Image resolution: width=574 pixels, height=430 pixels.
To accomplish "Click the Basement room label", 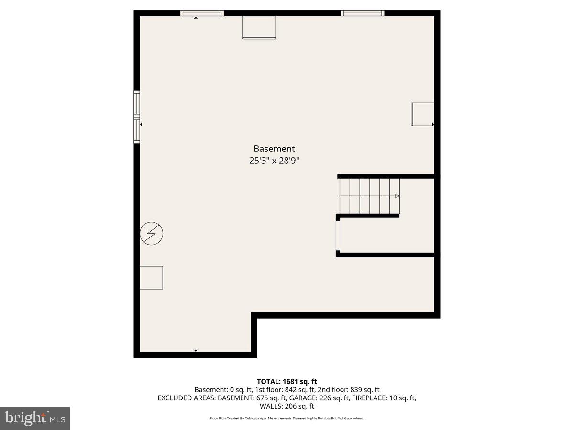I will tap(274, 149).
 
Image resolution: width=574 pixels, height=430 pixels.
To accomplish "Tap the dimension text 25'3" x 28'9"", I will tap(274, 161).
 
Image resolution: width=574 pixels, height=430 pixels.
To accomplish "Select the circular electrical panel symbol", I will tap(151, 233).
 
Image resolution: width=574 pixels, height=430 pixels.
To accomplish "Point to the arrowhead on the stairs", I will tap(397, 196).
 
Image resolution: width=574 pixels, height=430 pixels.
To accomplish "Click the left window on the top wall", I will tap(202, 13).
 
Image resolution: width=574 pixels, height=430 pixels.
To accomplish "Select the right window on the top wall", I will tap(362, 13).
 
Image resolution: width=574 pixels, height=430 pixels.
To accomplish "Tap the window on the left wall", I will tap(137, 117).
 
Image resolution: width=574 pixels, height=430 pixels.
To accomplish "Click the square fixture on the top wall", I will tap(259, 27).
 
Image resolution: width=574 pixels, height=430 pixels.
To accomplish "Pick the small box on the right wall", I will tap(422, 114).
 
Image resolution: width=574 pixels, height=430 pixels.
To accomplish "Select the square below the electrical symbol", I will tap(151, 277).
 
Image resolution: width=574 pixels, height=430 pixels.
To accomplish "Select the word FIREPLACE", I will tap(368, 398).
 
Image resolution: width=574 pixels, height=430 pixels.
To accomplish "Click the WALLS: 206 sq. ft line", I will tap(287, 406).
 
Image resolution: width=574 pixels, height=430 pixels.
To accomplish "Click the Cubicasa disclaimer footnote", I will tap(287, 418).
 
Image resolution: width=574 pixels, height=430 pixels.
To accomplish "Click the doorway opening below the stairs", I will tap(338, 235).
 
